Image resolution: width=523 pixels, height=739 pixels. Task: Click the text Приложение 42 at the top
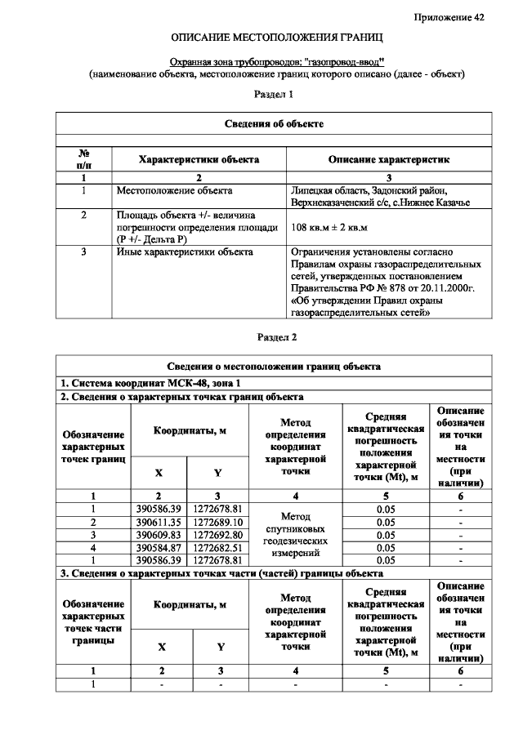449,17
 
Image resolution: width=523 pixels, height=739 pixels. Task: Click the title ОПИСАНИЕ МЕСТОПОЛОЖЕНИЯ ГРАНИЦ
277,38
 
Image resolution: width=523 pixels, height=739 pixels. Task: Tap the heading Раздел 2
276,336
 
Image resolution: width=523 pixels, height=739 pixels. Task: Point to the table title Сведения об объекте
274,123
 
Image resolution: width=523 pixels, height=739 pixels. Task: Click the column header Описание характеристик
388,159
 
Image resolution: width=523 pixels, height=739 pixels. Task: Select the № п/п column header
83,159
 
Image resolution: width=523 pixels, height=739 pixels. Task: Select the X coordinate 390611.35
159,522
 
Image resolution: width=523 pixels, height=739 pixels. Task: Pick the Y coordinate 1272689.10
217,522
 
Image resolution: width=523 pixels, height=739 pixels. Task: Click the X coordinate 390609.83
159,535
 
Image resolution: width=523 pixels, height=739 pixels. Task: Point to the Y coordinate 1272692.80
217,535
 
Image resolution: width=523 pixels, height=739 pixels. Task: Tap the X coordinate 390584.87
159,547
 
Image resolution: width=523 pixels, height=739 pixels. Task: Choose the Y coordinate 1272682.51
217,547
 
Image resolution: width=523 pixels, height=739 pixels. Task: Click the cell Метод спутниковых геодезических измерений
295,535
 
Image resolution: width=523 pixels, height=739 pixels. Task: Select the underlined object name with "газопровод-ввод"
276,61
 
